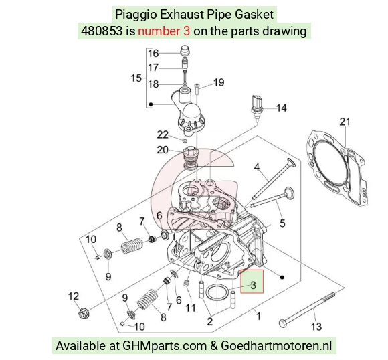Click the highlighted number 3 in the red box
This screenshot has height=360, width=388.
[x=253, y=285]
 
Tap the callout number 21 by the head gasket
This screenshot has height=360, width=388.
[x=345, y=122]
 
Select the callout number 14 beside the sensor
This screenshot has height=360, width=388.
[x=281, y=108]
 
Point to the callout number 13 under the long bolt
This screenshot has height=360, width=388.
[x=316, y=327]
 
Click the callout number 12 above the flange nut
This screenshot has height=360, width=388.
[x=74, y=296]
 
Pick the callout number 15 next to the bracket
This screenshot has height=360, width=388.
[x=136, y=78]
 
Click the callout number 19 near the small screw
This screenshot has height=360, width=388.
[x=219, y=82]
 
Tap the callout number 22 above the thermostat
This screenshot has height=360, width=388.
[x=163, y=134]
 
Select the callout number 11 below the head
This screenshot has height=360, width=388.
[x=191, y=308]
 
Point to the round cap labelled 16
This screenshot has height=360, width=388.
[x=185, y=51]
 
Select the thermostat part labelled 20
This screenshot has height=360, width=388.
[x=190, y=158]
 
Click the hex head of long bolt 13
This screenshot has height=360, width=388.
[x=282, y=323]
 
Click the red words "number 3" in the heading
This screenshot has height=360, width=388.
[x=164, y=31]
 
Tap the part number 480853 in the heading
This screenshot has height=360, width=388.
[x=102, y=31]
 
